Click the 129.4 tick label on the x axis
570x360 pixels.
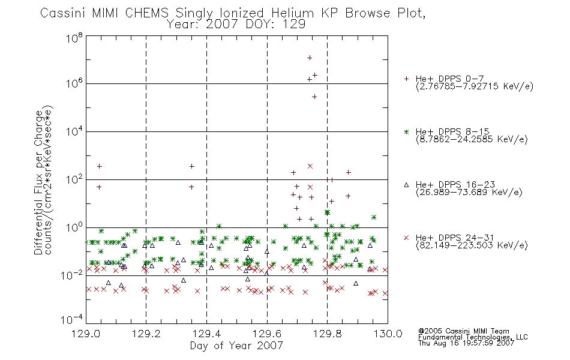pyautogui.click(x=207, y=334)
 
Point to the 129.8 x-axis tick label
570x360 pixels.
pyautogui.click(x=327, y=334)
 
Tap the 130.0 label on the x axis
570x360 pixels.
pyautogui.click(x=388, y=334)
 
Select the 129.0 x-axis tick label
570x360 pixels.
pyautogui.click(x=86, y=334)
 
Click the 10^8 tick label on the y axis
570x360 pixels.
pyautogui.click(x=74, y=38)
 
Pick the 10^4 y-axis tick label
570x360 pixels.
pyautogui.click(x=74, y=131)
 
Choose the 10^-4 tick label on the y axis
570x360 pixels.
pyautogui.click(x=73, y=319)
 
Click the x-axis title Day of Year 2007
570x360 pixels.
pyautogui.click(x=236, y=346)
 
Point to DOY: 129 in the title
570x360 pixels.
pyautogui.click(x=275, y=25)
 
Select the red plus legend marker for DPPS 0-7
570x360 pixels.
pyautogui.click(x=406, y=79)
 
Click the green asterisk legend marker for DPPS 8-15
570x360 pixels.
pyautogui.click(x=406, y=131)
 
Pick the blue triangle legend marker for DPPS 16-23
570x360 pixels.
pyautogui.click(x=406, y=185)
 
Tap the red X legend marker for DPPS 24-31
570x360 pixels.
pyautogui.click(x=406, y=238)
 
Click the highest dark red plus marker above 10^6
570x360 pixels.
pyautogui.click(x=310, y=58)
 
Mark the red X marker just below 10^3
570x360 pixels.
pyautogui.click(x=310, y=166)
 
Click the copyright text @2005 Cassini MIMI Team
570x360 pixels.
pyautogui.click(x=463, y=331)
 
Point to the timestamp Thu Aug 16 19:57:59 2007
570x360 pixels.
pyautogui.click(x=466, y=343)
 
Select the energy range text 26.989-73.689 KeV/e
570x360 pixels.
pyautogui.click(x=469, y=192)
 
